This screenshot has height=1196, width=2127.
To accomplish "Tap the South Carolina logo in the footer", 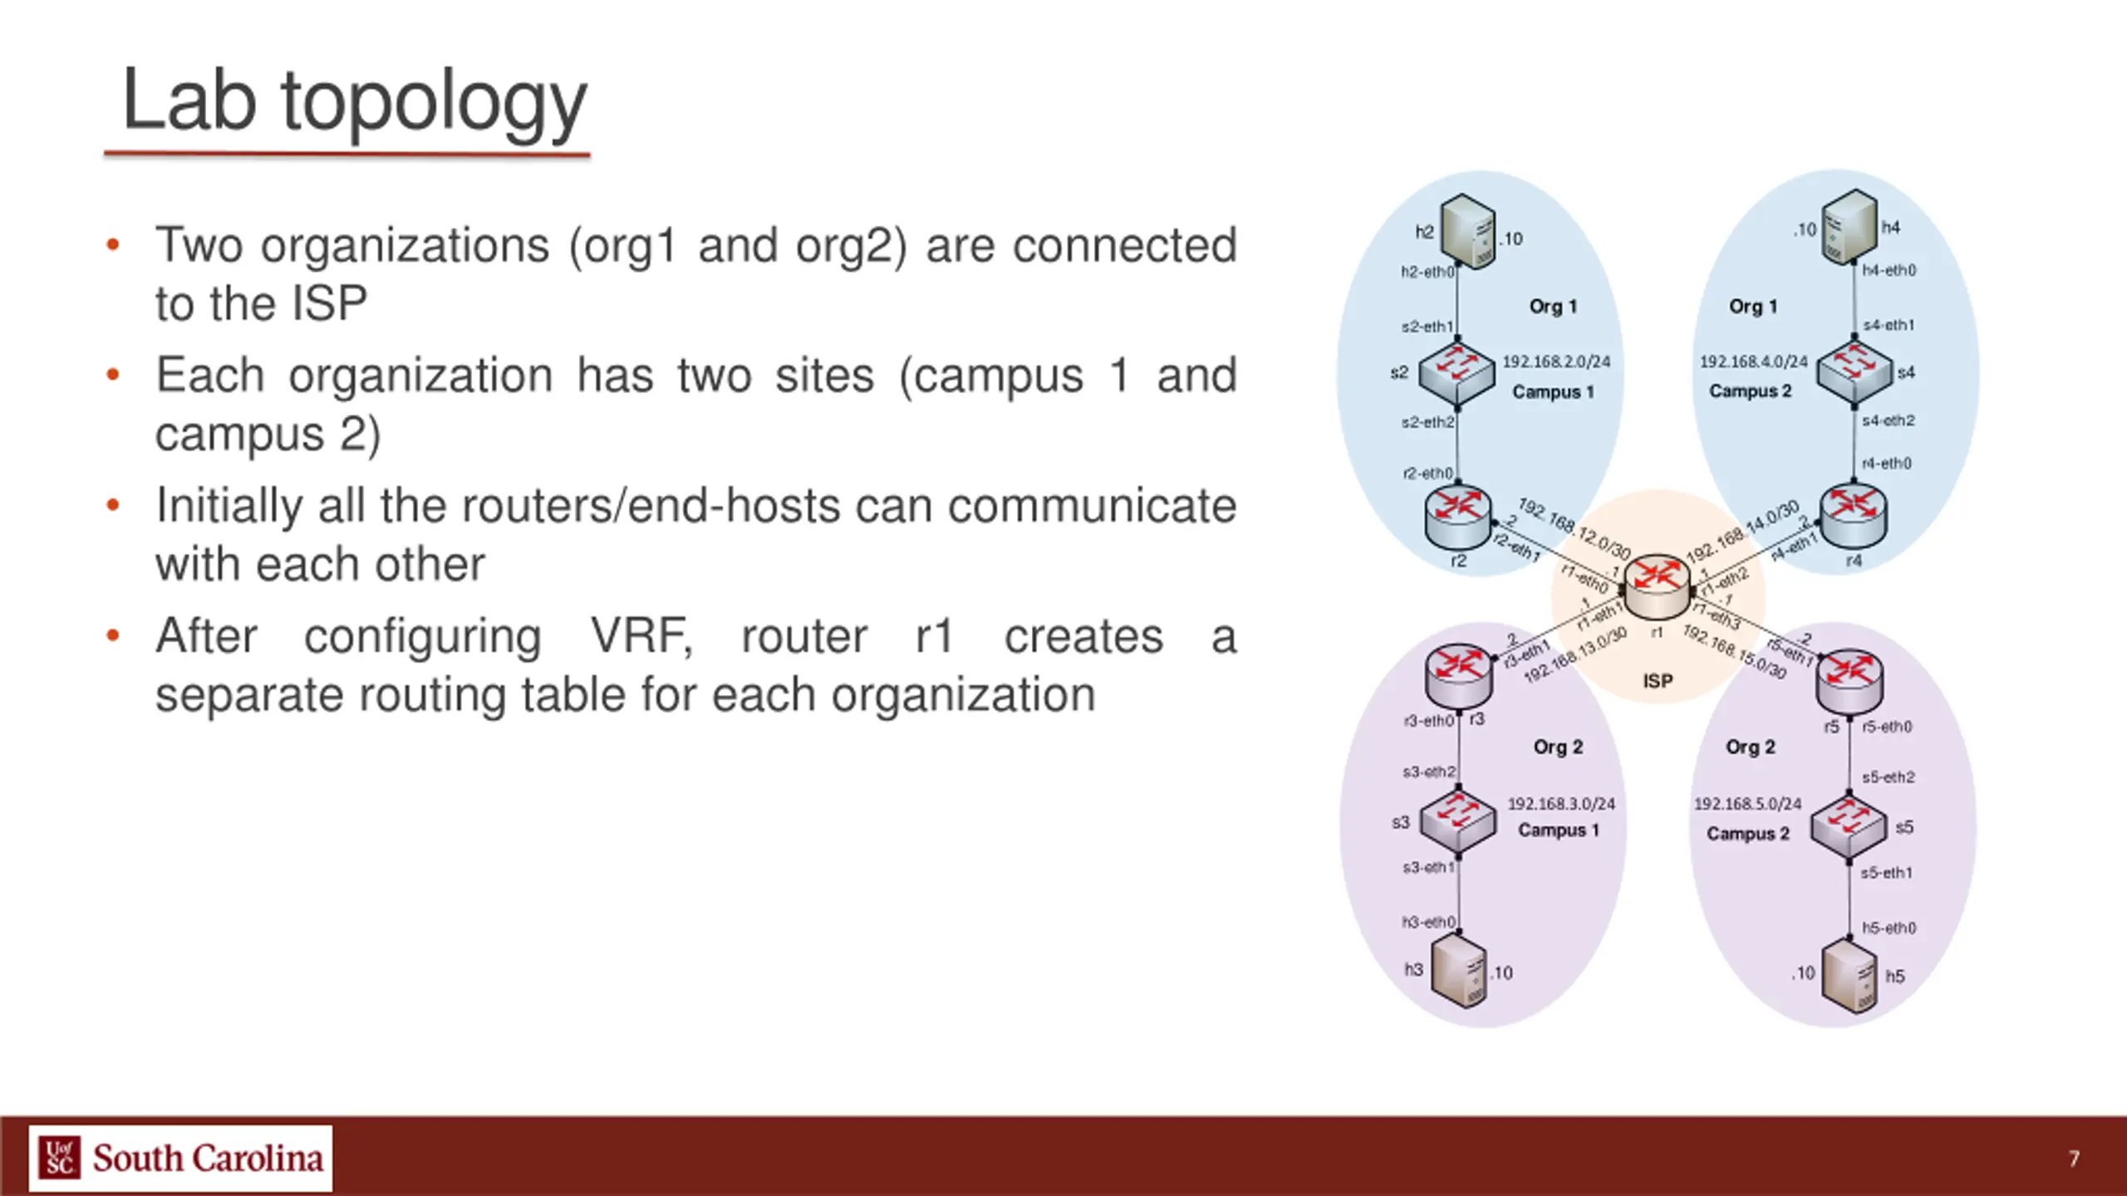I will [x=180, y=1158].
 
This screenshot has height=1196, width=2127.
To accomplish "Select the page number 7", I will [x=2074, y=1159].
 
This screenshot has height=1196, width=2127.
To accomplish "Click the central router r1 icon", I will [x=1657, y=586].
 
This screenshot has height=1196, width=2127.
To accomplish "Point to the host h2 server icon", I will [x=1466, y=231].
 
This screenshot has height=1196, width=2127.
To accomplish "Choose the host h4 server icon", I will [x=1849, y=226].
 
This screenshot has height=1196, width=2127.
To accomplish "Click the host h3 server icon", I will [x=1460, y=972].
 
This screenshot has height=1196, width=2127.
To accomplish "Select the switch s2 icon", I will [x=1456, y=375].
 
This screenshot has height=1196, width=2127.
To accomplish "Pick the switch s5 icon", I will [x=1849, y=828].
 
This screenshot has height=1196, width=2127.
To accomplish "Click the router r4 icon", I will [x=1853, y=517].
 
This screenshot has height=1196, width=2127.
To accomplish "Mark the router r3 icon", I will [x=1458, y=674].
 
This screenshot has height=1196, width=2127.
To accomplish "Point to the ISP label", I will [x=1658, y=681].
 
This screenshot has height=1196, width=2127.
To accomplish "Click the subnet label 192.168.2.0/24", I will [x=1556, y=361].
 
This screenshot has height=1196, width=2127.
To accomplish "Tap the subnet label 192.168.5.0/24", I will [x=1747, y=804].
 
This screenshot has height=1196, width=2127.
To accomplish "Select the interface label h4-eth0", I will [x=1889, y=270].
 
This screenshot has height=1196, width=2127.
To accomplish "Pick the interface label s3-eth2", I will [x=1428, y=772].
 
